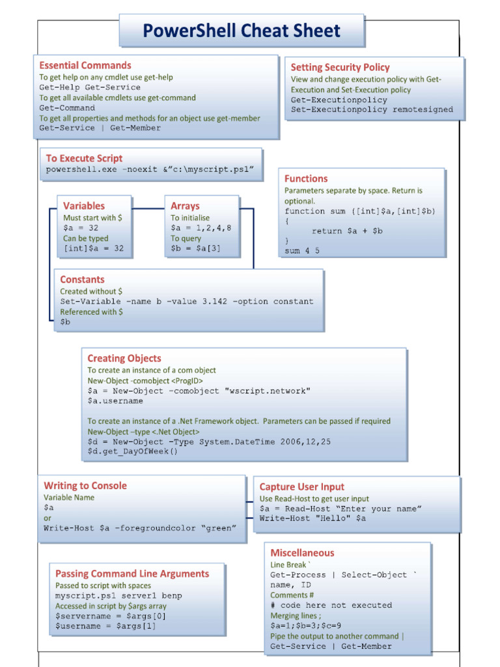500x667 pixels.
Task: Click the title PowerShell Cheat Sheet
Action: (242, 31)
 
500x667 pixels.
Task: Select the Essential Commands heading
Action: (85, 65)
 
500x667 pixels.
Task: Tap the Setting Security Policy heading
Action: (340, 67)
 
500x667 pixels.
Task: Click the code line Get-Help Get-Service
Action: (90, 87)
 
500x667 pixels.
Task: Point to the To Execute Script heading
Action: (84, 158)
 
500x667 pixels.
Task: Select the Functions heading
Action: (306, 178)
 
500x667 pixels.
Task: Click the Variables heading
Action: (84, 206)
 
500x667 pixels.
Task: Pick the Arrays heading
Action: (185, 206)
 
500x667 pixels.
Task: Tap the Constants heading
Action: (82, 279)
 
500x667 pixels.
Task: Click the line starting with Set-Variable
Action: (187, 302)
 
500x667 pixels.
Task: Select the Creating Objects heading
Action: (124, 358)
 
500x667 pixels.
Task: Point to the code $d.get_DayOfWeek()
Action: (132, 451)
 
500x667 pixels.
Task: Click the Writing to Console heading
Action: (85, 485)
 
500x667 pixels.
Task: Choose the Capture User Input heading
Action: (302, 487)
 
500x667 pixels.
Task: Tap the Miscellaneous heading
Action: (302, 553)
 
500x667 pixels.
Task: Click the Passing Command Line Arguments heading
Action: (132, 574)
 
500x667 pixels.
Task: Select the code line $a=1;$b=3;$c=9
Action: (306, 626)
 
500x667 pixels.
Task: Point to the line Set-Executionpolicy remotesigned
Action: (372, 110)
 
